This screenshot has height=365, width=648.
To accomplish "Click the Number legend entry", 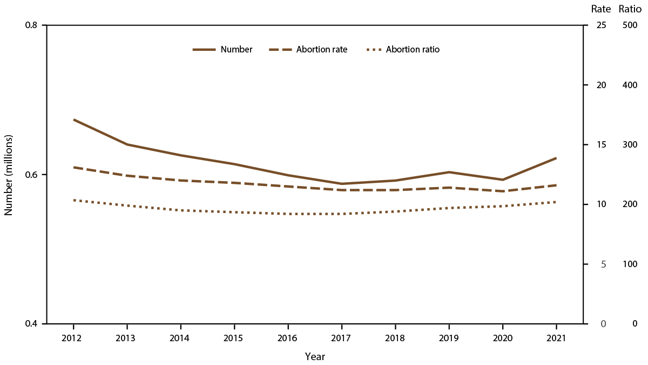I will click(x=222, y=49).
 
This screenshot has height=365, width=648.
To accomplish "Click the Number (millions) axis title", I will click(x=8, y=175).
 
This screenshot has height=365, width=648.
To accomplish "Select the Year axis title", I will click(x=315, y=356).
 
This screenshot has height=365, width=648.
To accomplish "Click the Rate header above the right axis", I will click(x=599, y=9).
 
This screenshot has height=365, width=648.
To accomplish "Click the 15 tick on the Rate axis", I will click(x=600, y=145).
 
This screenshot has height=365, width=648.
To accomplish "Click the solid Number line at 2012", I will click(x=73, y=120).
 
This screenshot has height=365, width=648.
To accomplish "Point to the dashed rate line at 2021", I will click(x=556, y=185).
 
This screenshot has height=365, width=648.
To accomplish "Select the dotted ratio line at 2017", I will click(x=341, y=214).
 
